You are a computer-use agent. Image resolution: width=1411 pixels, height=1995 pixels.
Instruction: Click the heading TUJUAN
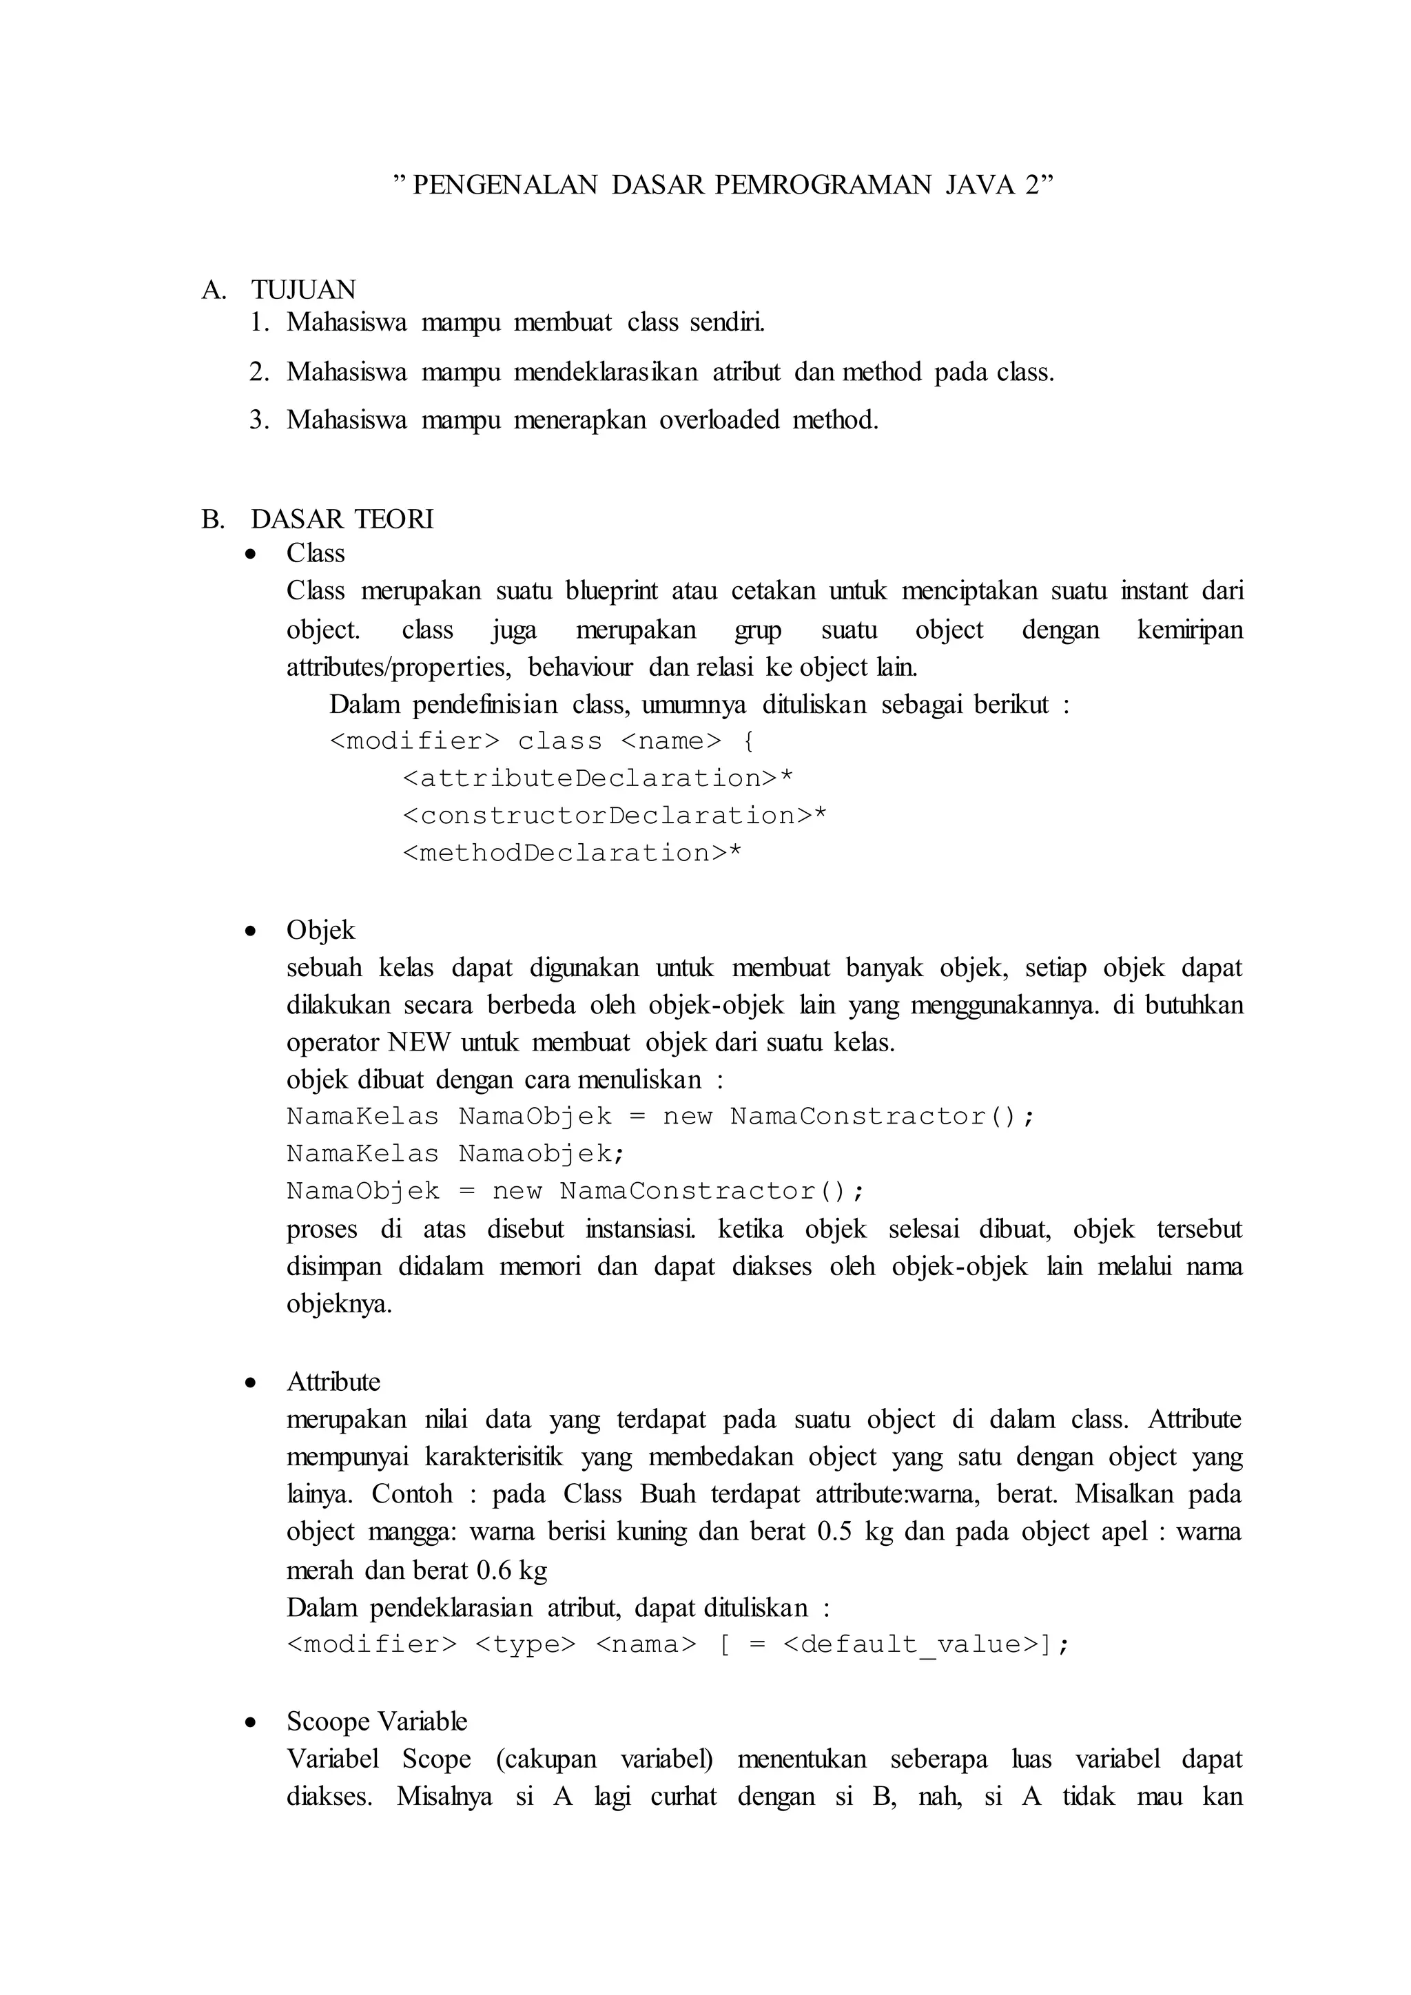(303, 289)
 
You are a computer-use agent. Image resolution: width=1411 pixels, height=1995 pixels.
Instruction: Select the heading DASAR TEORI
(342, 519)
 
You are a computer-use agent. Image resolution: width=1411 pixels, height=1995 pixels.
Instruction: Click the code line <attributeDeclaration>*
(598, 778)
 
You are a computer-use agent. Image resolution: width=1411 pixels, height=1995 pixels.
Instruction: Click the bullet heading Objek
(320, 931)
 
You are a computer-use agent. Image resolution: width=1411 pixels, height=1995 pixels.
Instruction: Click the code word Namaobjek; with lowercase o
(542, 1154)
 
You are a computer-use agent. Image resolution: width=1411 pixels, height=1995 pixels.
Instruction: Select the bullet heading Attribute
(333, 1383)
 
